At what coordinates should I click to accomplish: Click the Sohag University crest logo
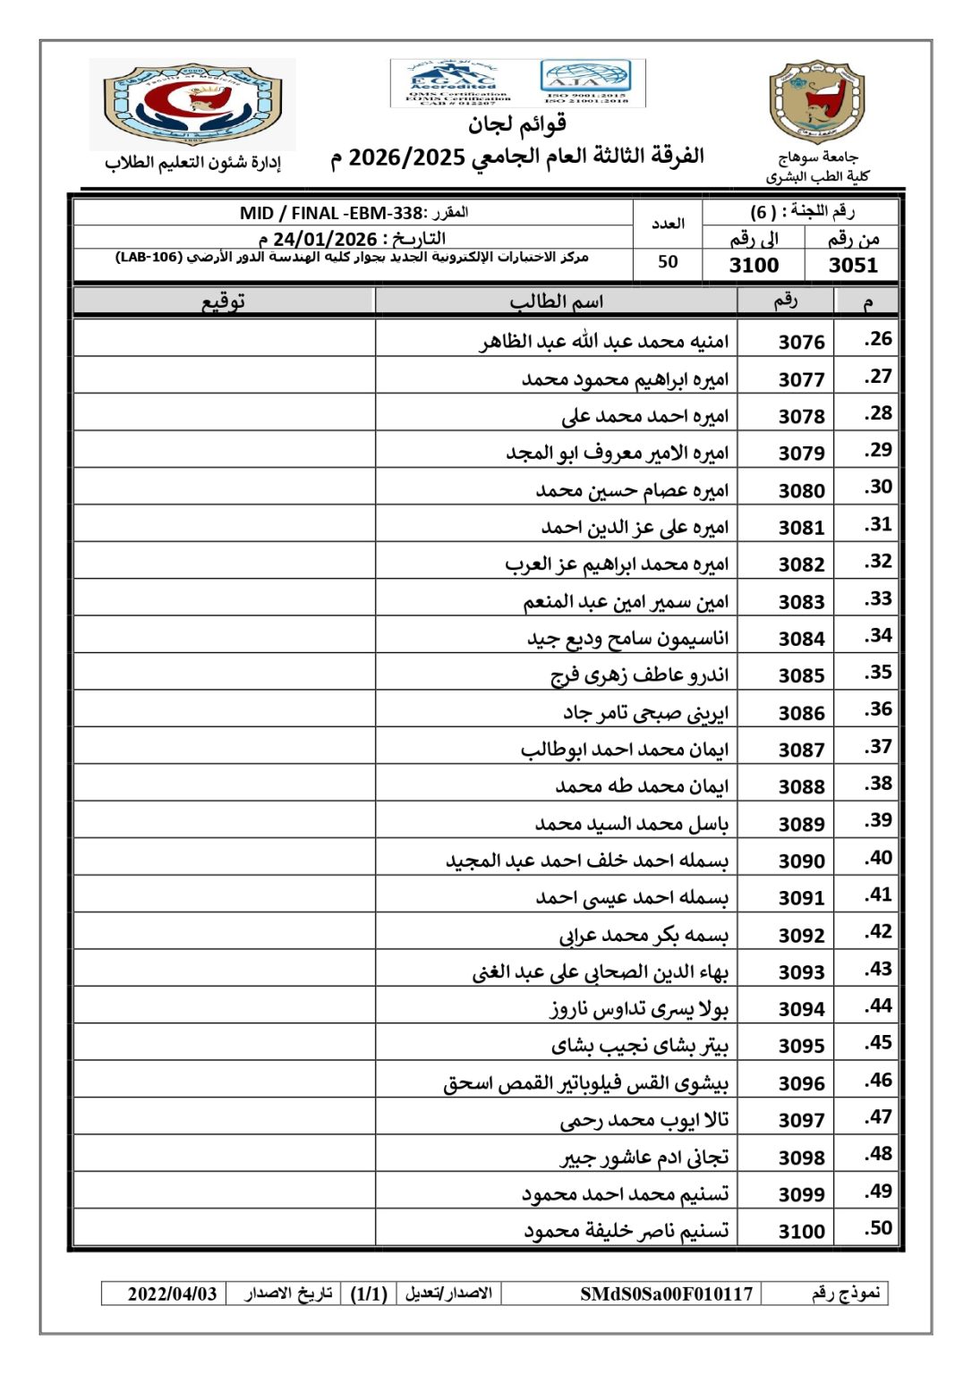pyautogui.click(x=816, y=102)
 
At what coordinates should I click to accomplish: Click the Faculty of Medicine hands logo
pyautogui.click(x=192, y=103)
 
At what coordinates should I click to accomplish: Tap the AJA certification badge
pyautogui.click(x=587, y=81)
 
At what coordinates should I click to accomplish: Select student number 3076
pyautogui.click(x=801, y=343)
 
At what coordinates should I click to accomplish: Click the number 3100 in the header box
pyautogui.click(x=754, y=265)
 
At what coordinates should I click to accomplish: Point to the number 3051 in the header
pyautogui.click(x=852, y=265)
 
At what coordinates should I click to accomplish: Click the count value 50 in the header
pyautogui.click(x=668, y=262)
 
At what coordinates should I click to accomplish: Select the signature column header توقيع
pyautogui.click(x=224, y=301)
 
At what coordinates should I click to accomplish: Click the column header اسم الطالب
pyautogui.click(x=556, y=301)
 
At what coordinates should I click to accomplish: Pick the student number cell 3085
pyautogui.click(x=801, y=675)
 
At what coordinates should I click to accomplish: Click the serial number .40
pyautogui.click(x=878, y=858)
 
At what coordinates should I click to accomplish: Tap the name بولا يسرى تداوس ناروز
pyautogui.click(x=639, y=1009)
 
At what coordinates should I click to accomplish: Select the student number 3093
pyautogui.click(x=801, y=972)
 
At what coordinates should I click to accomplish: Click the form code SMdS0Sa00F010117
pyautogui.click(x=666, y=1293)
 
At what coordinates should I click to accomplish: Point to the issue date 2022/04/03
pyautogui.click(x=172, y=1293)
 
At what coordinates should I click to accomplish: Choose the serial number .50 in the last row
pyautogui.click(x=878, y=1228)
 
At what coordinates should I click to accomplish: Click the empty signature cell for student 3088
pyautogui.click(x=224, y=786)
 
